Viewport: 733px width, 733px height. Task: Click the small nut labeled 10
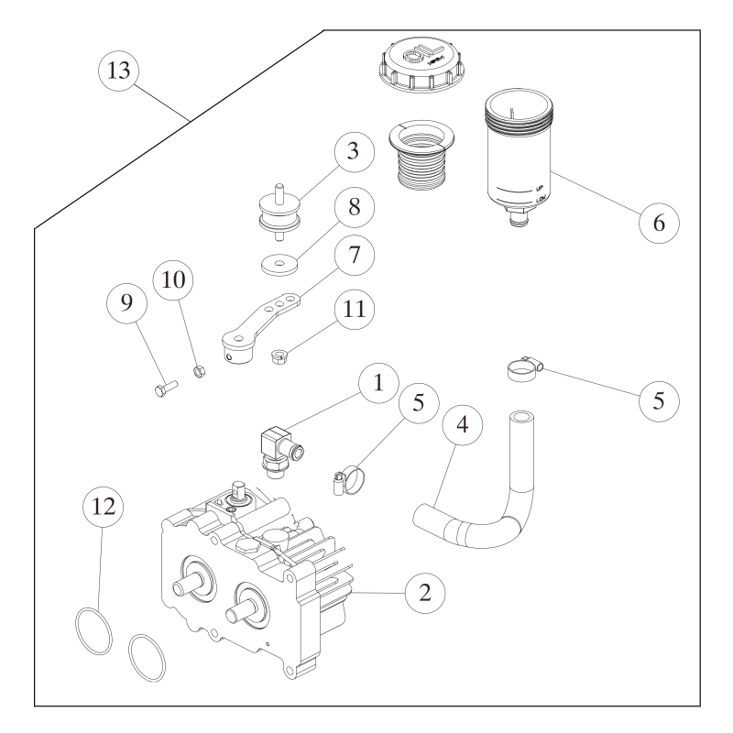[x=198, y=371]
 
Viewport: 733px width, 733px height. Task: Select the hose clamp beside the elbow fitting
[x=343, y=478]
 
